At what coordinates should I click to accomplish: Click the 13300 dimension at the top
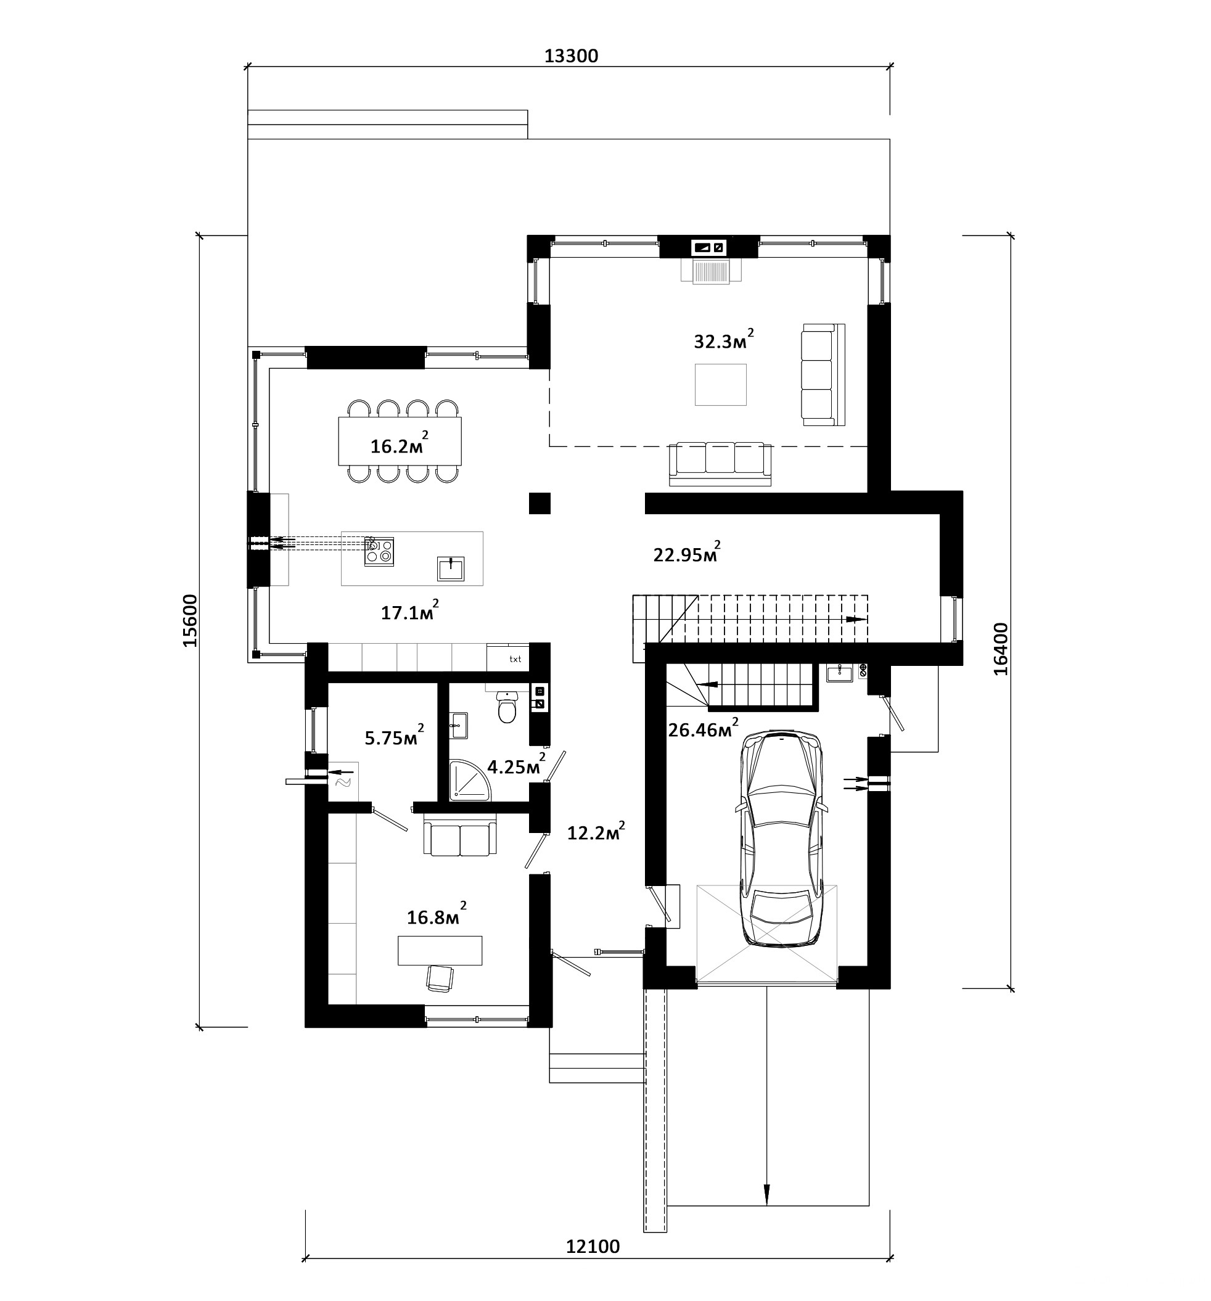coord(571,56)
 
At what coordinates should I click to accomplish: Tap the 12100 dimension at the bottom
coord(593,1246)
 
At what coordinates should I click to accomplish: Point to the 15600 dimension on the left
coord(190,620)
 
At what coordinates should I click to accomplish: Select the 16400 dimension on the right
coord(1001,649)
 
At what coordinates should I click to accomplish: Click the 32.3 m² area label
coord(723,340)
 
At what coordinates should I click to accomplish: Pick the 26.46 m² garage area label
coord(703,728)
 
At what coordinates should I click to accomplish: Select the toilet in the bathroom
coord(507,707)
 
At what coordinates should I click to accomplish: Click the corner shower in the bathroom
coord(470,779)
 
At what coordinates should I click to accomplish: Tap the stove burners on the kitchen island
coord(379,551)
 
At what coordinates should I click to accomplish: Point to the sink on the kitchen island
coord(451,568)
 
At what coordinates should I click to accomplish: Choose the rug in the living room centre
coord(721,385)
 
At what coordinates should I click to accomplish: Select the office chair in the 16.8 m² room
coord(439,979)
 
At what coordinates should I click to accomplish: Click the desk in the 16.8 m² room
coord(440,950)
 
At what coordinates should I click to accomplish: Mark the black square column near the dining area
coord(540,503)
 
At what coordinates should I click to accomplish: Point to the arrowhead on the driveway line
coord(766,1194)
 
